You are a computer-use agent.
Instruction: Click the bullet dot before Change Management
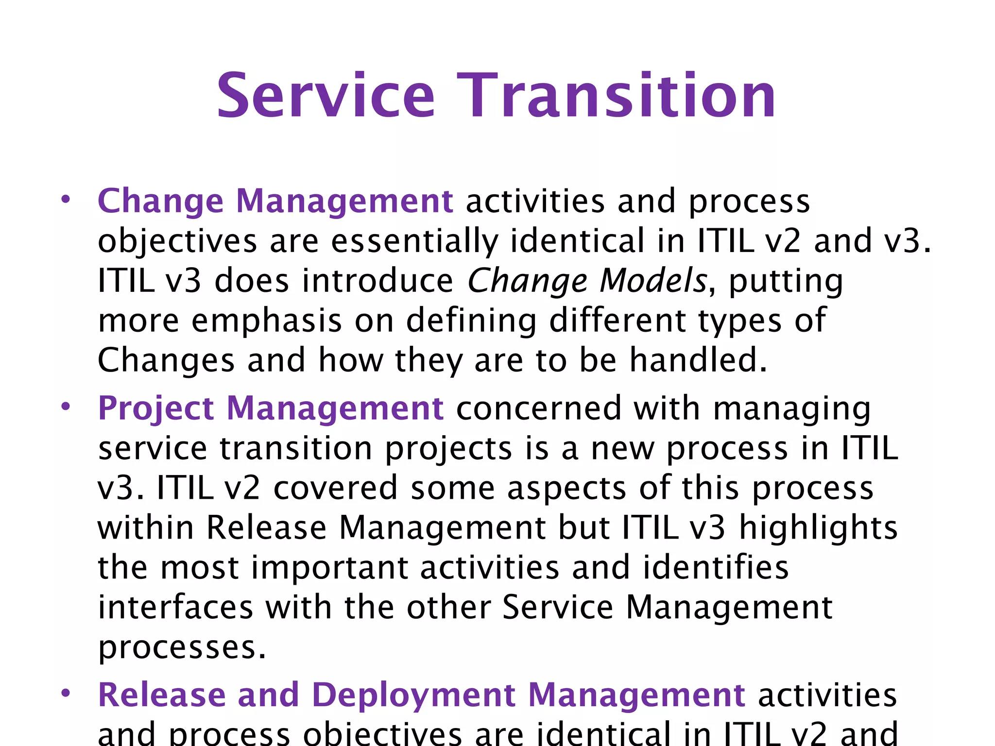(66, 200)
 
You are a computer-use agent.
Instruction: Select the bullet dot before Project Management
(66, 407)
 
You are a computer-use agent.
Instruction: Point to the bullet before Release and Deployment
(66, 693)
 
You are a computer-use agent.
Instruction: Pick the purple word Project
(156, 409)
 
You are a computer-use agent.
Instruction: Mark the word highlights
(818, 528)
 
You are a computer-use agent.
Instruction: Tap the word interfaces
(175, 607)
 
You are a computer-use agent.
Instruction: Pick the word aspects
(566, 488)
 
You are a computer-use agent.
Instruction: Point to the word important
(330, 567)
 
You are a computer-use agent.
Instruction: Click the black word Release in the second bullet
(266, 528)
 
